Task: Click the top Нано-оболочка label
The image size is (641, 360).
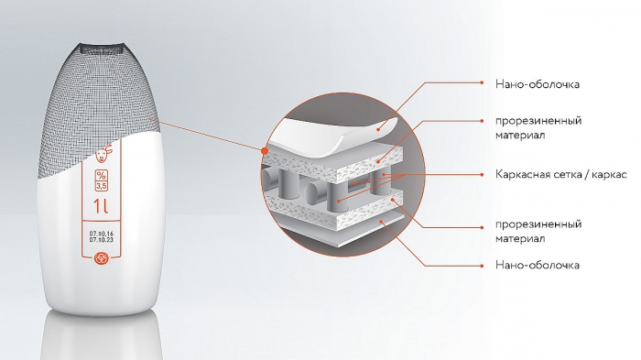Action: coord(538,84)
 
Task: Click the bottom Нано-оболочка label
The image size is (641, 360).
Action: coord(538,265)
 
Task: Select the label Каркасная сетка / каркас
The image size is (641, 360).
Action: coord(560,175)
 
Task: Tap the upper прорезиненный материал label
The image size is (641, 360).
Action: coord(538,128)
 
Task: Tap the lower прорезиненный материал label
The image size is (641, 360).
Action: coord(538,232)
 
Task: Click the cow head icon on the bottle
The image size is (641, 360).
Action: coord(102,153)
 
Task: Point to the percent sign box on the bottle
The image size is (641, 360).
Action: coord(102,175)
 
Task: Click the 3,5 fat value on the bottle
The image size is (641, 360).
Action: coord(102,186)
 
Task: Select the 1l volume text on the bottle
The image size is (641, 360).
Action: coord(101,206)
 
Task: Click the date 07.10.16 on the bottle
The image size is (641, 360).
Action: coord(102,234)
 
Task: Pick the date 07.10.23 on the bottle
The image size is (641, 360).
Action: coord(102,240)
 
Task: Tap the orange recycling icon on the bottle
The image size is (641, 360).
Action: coord(101,258)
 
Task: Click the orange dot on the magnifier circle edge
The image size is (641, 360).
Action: coord(265,151)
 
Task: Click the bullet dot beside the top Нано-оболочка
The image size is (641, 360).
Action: coord(483,82)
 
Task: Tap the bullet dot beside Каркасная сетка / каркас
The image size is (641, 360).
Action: coord(483,175)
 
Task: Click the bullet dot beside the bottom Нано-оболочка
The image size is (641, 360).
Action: coord(483,266)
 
